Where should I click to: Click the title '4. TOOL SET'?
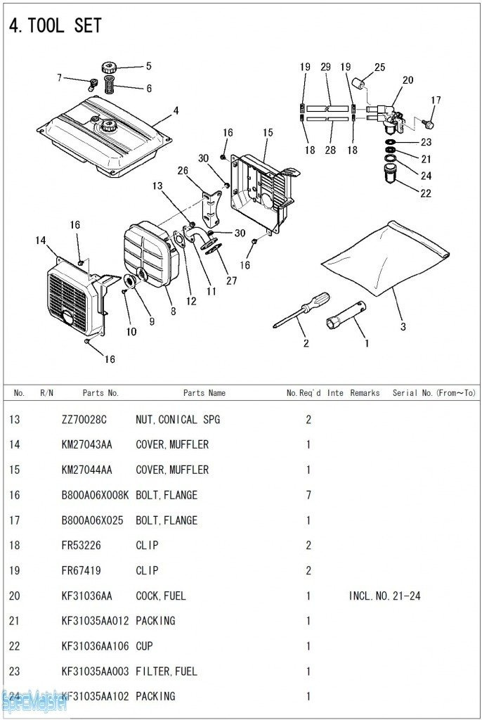tap(55, 26)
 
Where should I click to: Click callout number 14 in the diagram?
tap(41, 240)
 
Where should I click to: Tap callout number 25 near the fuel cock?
tap(379, 67)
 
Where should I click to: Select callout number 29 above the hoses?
tap(325, 67)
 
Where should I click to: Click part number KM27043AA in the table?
tap(86, 444)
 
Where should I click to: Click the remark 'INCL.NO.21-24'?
tap(384, 596)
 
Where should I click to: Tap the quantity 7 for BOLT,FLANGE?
tap(308, 495)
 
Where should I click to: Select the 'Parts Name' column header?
tap(204, 393)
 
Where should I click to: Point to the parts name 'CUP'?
tap(144, 646)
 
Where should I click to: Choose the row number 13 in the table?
tap(15, 420)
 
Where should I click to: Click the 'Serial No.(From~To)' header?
tap(434, 393)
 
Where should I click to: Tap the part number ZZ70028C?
tap(84, 420)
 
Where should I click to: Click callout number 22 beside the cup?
tap(426, 193)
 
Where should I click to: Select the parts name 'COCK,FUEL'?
tap(161, 596)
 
